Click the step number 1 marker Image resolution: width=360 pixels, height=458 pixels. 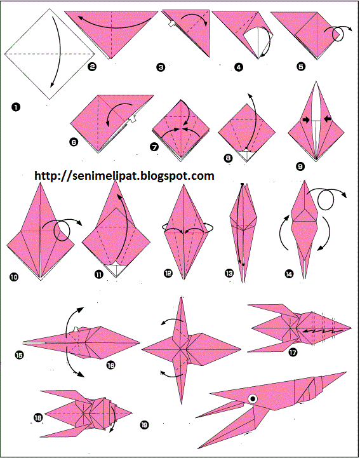click(x=16, y=107)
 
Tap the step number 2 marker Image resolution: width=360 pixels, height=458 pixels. click(x=91, y=67)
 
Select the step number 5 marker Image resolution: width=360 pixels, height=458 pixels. click(x=301, y=67)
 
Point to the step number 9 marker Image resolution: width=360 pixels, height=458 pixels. click(x=300, y=166)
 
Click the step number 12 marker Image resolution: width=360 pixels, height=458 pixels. click(x=168, y=273)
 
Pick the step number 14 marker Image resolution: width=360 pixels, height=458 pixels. click(x=289, y=274)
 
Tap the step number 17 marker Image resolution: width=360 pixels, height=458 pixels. click(x=293, y=352)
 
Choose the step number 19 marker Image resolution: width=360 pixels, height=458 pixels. click(x=144, y=424)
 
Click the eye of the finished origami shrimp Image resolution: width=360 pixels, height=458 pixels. click(x=253, y=398)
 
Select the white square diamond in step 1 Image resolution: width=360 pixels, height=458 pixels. click(x=50, y=54)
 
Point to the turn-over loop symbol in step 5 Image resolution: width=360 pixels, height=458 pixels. click(x=338, y=34)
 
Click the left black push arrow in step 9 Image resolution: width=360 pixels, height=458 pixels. click(x=305, y=119)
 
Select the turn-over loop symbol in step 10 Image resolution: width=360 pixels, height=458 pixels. click(x=62, y=230)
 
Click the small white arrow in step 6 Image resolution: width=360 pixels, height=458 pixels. click(x=133, y=119)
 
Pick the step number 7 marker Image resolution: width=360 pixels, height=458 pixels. click(x=154, y=147)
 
